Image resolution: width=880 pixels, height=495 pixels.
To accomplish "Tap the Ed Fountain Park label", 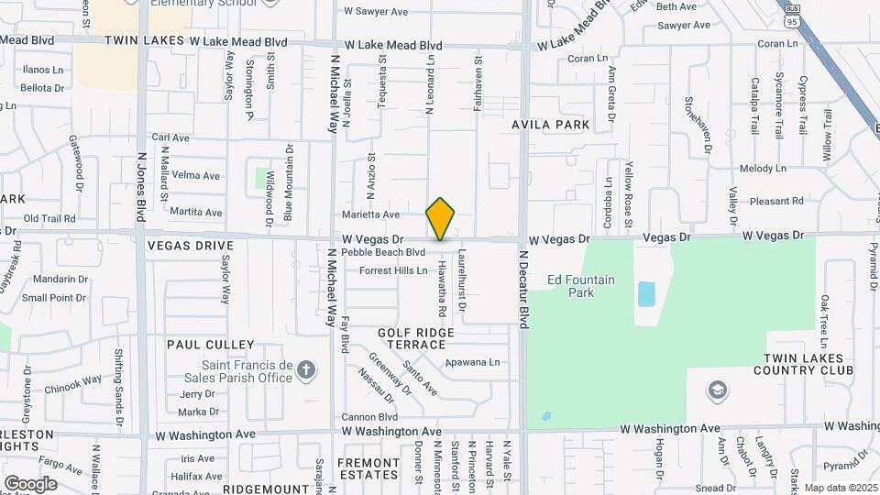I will (x=580, y=286).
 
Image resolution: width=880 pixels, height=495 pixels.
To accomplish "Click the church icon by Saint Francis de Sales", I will (x=306, y=370).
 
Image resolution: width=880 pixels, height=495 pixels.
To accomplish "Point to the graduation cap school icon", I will (x=718, y=391).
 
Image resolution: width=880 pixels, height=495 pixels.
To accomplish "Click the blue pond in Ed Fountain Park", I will (x=646, y=293).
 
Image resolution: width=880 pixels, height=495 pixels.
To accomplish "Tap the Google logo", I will (x=30, y=483).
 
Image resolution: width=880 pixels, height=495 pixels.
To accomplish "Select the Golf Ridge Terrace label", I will (x=412, y=337).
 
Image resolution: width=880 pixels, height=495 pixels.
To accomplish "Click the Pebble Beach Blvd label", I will (x=383, y=252).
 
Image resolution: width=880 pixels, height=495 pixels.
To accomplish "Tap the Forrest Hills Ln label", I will (x=393, y=270).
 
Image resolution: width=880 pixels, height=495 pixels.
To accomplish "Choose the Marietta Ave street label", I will (x=370, y=214).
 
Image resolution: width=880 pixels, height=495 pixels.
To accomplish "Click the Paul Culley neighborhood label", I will (x=210, y=344).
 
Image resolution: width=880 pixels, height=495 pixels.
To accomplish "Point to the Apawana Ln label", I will (x=473, y=362).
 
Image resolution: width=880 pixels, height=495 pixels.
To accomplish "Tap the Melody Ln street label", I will (x=763, y=169).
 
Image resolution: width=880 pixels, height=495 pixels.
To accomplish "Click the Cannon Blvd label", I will (x=368, y=416).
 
